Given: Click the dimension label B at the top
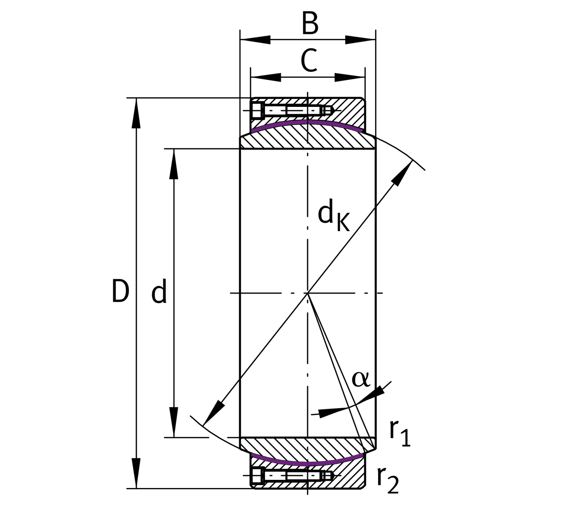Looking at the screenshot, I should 310,24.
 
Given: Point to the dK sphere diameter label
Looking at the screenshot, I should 333,216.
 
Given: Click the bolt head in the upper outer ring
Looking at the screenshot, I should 257,111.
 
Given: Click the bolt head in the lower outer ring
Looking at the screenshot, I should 257,476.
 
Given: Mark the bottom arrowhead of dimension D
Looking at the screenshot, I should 136,473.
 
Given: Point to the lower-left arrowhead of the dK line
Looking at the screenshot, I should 213,412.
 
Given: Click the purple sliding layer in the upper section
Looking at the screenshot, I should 307,122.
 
